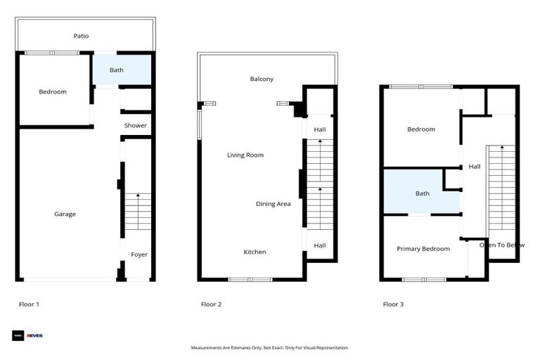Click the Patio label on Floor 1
(x=81, y=36)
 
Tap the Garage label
(x=65, y=214)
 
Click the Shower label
(x=136, y=126)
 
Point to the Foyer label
(x=139, y=255)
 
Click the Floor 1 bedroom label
(x=53, y=92)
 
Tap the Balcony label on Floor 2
(x=262, y=79)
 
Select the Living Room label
(x=245, y=155)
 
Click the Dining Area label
(x=274, y=204)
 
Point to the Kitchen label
(x=255, y=252)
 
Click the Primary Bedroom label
(x=423, y=249)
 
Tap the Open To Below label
(x=502, y=245)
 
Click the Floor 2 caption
(x=211, y=304)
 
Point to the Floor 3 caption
(x=393, y=304)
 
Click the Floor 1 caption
(x=29, y=304)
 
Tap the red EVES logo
(x=34, y=335)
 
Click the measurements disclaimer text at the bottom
(x=270, y=347)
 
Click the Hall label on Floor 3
(x=475, y=167)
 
